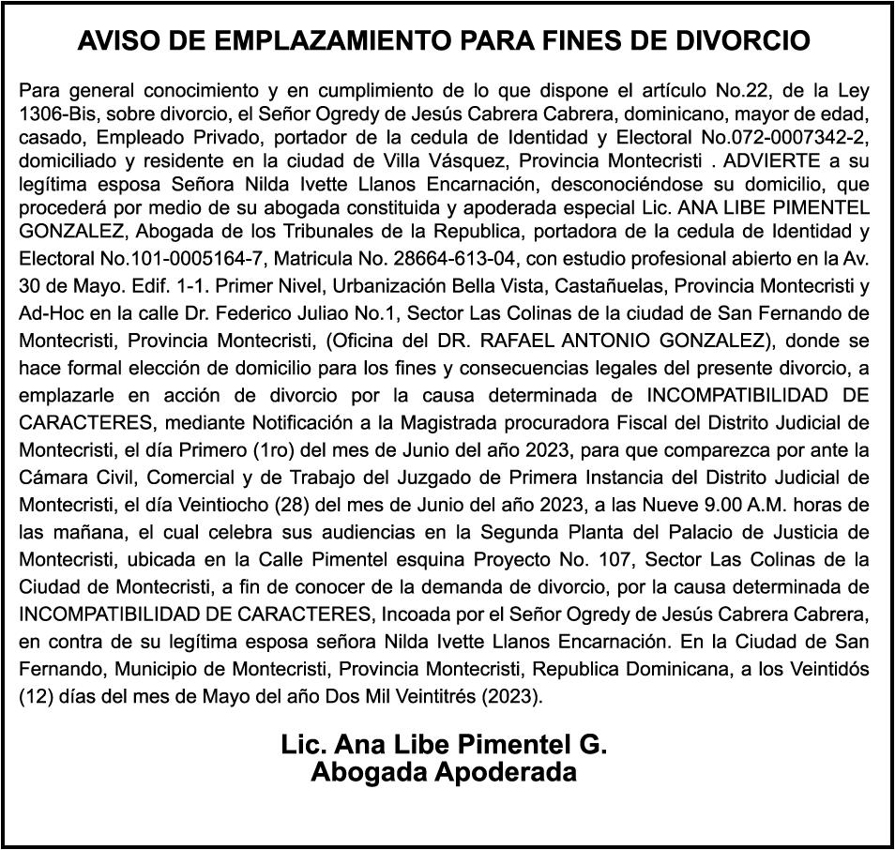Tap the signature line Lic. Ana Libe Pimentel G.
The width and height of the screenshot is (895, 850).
444,745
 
